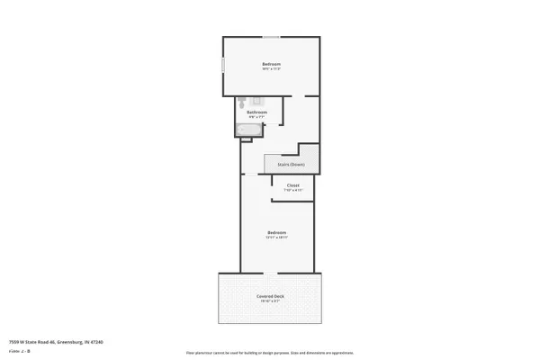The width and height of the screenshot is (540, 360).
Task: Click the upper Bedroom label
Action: click(272, 64)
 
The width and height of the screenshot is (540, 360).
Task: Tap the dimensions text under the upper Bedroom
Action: click(272, 70)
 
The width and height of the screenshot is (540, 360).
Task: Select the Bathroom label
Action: click(256, 112)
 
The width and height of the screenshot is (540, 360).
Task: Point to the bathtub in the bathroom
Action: click(248, 130)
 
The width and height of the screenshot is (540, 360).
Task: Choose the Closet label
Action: click(293, 185)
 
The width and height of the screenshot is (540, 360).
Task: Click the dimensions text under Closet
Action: click(293, 191)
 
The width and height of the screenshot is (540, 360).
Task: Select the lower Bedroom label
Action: click(276, 232)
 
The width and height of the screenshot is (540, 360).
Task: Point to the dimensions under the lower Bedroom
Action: click(276, 238)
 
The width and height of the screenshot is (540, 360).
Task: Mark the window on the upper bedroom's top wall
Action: click(271, 36)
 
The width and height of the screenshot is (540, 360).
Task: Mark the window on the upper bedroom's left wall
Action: click(224, 68)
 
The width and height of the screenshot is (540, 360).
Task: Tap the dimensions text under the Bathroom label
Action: click(256, 117)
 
